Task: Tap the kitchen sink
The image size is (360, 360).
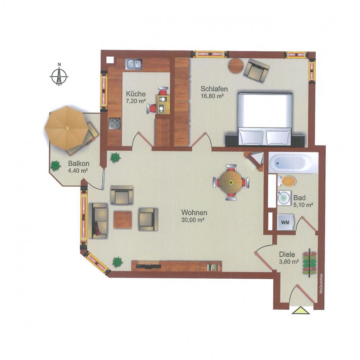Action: pyautogui.click(x=134, y=64)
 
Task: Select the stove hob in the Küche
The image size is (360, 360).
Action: pyautogui.click(x=114, y=123)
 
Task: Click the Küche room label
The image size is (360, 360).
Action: pyautogui.click(x=136, y=94)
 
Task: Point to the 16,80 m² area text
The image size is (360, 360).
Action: pyautogui.click(x=212, y=96)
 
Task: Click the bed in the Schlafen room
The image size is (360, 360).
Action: pyautogui.click(x=265, y=119)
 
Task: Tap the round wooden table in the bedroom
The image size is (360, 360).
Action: pyautogui.click(x=236, y=66)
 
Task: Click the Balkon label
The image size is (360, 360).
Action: pyautogui.click(x=79, y=163)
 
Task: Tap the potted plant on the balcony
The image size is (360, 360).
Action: pyautogui.click(x=56, y=165)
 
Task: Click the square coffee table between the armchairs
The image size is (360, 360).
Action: pyautogui.click(x=123, y=220)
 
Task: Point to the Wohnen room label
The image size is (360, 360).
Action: pyautogui.click(x=194, y=212)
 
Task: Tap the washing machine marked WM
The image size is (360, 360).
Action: pyautogui.click(x=285, y=222)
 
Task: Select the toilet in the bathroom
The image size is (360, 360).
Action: pyautogui.click(x=287, y=181)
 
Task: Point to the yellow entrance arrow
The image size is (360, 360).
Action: pyautogui.click(x=301, y=311)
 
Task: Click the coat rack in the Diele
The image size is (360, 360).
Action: pyautogui.click(x=310, y=263)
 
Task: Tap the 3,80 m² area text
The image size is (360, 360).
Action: pyautogui.click(x=289, y=261)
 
